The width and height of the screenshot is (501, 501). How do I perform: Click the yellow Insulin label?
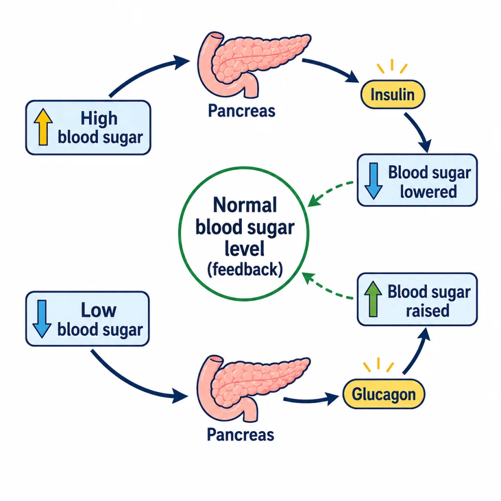[x=393, y=94]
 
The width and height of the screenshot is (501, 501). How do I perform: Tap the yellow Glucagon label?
[x=384, y=394]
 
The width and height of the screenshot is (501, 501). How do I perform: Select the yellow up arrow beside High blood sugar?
[x=43, y=127]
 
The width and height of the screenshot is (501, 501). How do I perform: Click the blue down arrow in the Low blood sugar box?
[x=42, y=319]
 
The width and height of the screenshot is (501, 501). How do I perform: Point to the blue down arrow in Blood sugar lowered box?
[x=373, y=181]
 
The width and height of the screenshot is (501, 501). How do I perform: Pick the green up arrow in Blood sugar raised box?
[x=373, y=299]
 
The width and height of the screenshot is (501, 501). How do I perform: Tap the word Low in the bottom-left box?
[x=98, y=310]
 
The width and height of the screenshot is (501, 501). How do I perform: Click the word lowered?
[x=429, y=192]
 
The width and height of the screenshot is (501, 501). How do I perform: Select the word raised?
[x=428, y=311]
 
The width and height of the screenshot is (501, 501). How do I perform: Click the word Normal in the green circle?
[x=245, y=205]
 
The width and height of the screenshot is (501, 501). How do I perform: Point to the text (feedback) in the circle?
[x=245, y=270]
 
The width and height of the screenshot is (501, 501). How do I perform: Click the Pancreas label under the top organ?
[x=242, y=111]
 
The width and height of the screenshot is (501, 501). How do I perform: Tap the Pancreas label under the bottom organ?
[x=241, y=434]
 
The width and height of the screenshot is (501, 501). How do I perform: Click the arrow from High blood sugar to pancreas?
[x=144, y=72]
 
